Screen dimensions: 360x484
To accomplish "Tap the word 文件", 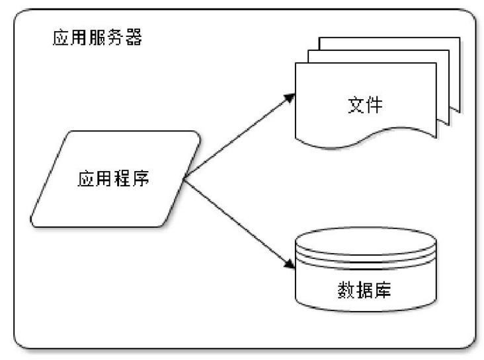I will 365,105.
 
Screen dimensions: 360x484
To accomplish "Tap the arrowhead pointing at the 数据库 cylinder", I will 289,264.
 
